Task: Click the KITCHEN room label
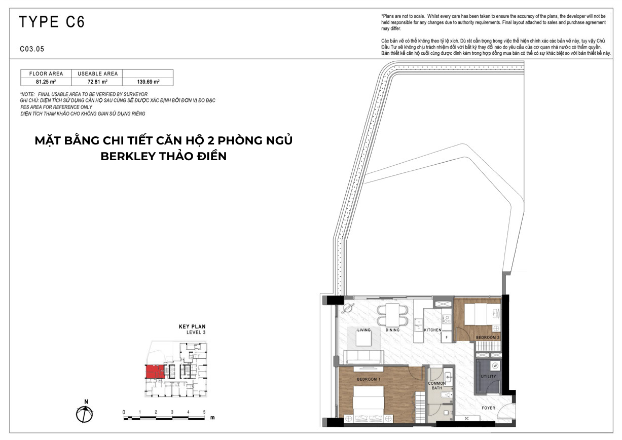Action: click(432, 330)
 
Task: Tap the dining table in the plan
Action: click(392, 315)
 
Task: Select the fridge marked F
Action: click(447, 337)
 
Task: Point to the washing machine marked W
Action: click(495, 366)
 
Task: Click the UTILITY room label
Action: click(488, 377)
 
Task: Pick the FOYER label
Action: click(488, 408)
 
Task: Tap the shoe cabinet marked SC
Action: click(467, 418)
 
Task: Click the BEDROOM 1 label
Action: click(369, 379)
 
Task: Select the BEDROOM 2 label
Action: click(488, 337)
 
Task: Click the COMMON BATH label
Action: click(437, 386)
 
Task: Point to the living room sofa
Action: click(363, 357)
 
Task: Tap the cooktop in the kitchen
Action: click(446, 319)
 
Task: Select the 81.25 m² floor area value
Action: click(46, 82)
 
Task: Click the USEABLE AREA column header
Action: click(98, 74)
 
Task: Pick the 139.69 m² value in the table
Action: click(148, 82)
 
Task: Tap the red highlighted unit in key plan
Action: click(155, 372)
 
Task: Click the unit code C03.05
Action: click(32, 49)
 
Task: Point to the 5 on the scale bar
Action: click(204, 412)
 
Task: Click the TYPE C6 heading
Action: click(52, 22)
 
